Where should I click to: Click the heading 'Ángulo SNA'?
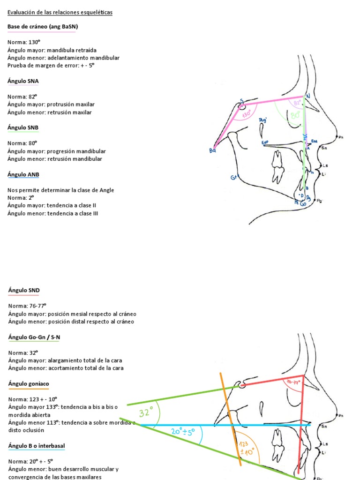click(23, 81)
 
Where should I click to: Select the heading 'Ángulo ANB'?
click(23, 174)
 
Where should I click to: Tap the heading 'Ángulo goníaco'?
click(28, 383)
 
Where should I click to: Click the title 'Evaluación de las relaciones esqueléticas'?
click(60, 12)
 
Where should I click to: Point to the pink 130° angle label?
click(247, 113)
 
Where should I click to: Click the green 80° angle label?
click(295, 115)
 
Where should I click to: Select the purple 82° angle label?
click(297, 103)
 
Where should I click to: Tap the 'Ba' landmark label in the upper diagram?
click(212, 150)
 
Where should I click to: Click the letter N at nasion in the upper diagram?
click(308, 96)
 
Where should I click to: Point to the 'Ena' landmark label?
click(314, 141)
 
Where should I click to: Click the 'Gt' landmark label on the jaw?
click(234, 177)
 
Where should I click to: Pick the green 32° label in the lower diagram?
click(146, 413)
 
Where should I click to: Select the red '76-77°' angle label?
click(292, 382)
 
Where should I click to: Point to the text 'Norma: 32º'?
click(22, 352)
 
